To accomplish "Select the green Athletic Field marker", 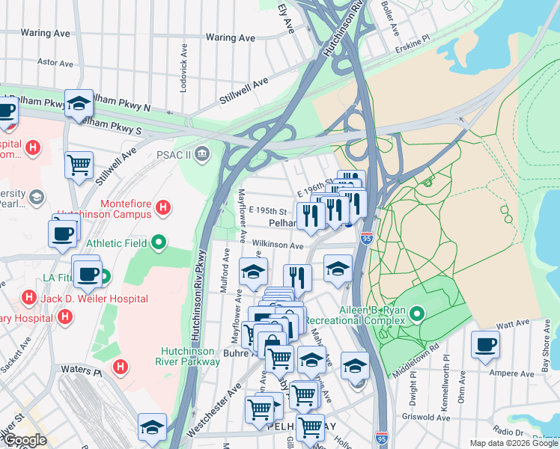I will [158, 242].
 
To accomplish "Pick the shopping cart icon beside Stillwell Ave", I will [79, 164].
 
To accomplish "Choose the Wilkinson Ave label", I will [278, 245].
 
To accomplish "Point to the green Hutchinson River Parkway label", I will [191, 356].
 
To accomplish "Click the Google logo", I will [25, 440].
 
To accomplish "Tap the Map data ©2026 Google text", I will [514, 443].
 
